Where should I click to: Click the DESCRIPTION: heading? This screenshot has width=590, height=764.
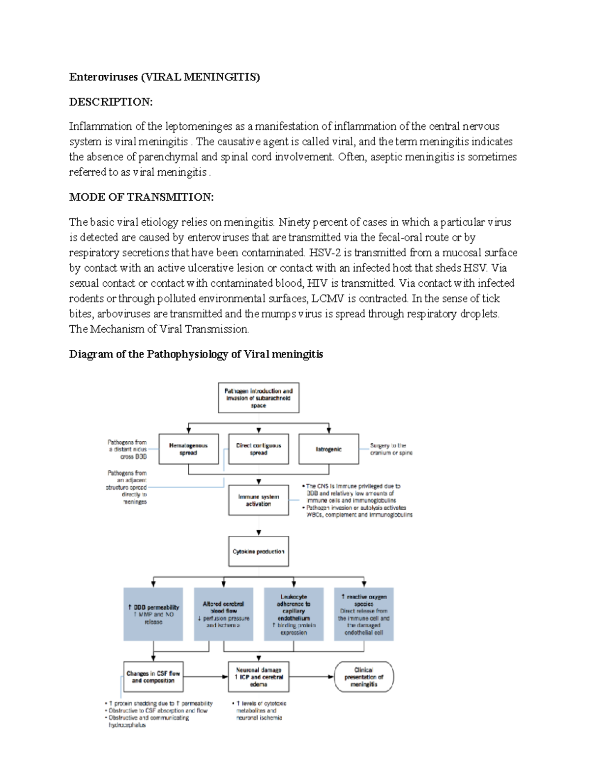tap(111, 102)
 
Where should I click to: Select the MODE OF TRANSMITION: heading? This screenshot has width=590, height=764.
tap(141, 197)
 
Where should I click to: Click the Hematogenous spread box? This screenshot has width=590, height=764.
tap(188, 449)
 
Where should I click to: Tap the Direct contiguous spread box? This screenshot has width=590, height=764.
tap(259, 449)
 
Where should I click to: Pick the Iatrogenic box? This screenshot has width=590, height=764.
tap(328, 449)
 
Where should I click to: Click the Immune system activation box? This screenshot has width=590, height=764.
tap(259, 500)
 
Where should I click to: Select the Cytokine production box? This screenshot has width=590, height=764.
tap(259, 551)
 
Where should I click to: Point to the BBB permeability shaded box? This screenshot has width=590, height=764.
tap(153, 614)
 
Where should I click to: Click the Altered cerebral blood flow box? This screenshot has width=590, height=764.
tap(224, 614)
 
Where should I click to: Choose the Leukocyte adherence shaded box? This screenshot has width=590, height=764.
tap(294, 614)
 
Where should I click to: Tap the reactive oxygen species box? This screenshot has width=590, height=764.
tap(364, 614)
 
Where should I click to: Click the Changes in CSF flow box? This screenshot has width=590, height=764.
tap(153, 676)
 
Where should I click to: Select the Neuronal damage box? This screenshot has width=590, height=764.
tap(259, 676)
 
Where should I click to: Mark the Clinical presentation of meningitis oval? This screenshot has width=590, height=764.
tap(364, 676)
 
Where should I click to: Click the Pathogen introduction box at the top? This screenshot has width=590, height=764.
tap(259, 398)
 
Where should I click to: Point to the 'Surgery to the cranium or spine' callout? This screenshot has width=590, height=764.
tap(391, 449)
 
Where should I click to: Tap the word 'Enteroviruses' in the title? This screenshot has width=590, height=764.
tap(103, 77)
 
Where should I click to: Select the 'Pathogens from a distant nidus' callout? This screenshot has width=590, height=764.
tap(127, 449)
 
